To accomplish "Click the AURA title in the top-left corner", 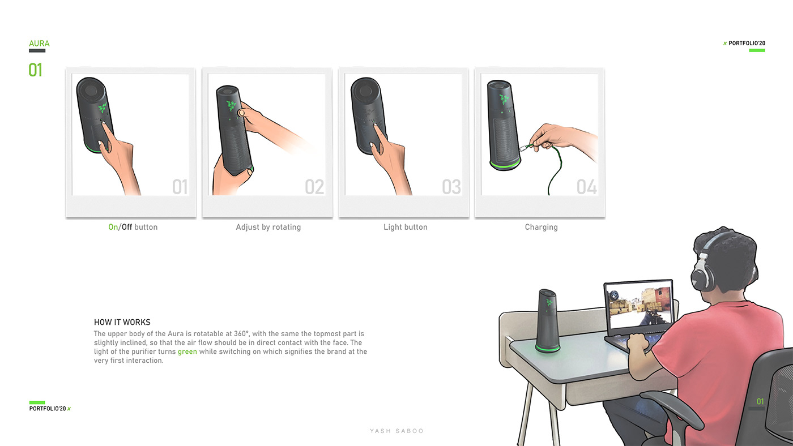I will coord(39,44).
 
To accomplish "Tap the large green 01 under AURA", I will coord(36,70).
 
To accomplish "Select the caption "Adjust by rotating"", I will coord(268,227).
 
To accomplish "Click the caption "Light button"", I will coord(405,227).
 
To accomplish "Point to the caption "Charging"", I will coord(541,227).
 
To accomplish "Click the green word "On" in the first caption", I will coord(113,227).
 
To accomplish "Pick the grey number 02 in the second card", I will coord(314,187).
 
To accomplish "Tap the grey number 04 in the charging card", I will coord(587,187).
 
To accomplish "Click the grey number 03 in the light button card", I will coord(451,187).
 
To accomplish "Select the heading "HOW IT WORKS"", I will coord(122,322).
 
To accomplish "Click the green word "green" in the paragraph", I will coord(187,351).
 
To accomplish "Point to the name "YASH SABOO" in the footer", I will coord(396,431).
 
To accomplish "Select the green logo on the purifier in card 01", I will coord(102,107).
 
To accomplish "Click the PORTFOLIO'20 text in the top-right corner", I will coord(747,44).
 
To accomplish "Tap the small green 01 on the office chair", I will coord(760,402).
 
